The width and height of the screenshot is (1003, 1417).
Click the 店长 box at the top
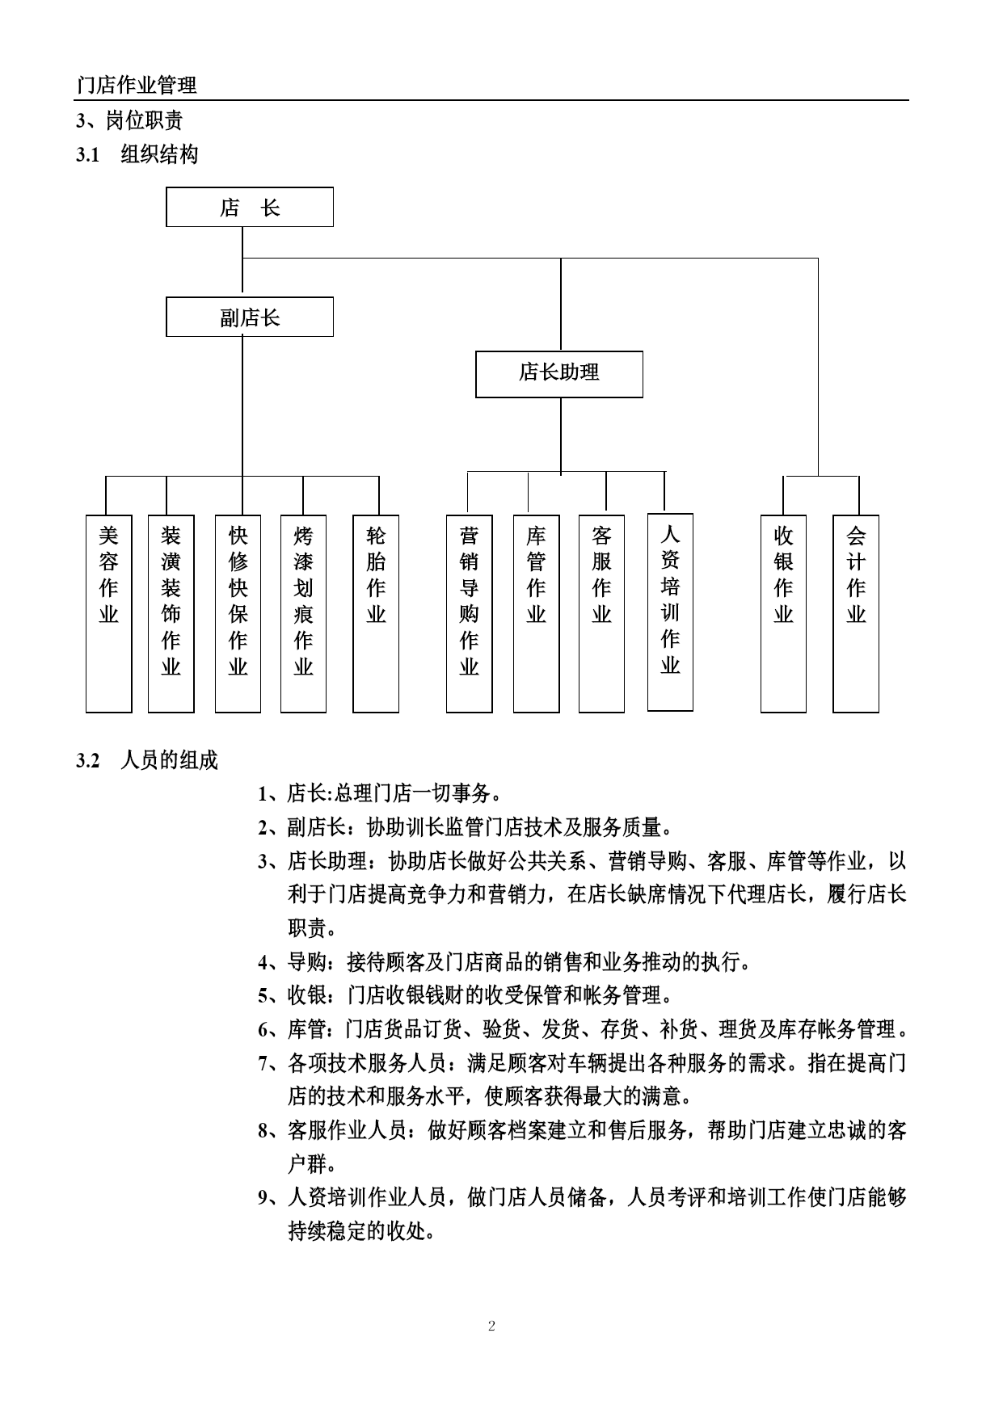click(x=250, y=207)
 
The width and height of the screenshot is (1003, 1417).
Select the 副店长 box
click(x=250, y=317)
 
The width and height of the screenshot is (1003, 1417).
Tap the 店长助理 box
click(x=559, y=374)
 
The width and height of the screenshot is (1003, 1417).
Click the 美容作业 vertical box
click(x=109, y=614)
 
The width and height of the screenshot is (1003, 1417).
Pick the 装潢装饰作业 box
click(x=171, y=614)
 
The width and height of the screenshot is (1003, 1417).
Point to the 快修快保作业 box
click(x=238, y=614)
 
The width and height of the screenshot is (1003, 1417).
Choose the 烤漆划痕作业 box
click(x=303, y=614)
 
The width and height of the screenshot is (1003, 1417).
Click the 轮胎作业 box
click(x=376, y=614)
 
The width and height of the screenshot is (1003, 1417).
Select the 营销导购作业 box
click(x=470, y=614)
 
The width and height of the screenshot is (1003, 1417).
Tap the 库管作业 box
click(x=537, y=614)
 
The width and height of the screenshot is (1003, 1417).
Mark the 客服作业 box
click(x=601, y=614)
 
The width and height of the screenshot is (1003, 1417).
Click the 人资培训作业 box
click(x=670, y=612)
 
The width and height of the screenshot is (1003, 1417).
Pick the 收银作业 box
click(x=783, y=614)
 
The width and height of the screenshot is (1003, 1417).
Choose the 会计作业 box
click(x=856, y=614)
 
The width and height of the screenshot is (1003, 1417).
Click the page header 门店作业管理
click(x=137, y=85)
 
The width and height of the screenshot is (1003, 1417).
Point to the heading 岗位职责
click(x=145, y=120)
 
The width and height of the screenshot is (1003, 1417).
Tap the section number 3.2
click(x=87, y=760)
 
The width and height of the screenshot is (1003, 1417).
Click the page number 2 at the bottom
click(x=491, y=1326)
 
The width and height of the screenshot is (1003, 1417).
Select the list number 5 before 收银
click(x=263, y=996)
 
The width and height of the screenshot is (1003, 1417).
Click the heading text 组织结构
click(x=159, y=154)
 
